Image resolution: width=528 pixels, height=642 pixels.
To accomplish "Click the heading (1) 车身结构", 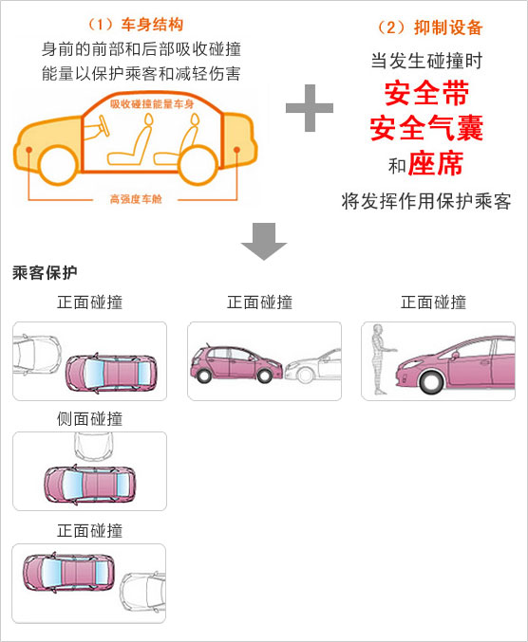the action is pyautogui.click(x=136, y=25).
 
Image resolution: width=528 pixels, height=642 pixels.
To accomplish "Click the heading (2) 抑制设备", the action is pyautogui.click(x=429, y=28).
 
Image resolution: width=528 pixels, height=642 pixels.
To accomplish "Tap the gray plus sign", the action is pyautogui.click(x=310, y=108).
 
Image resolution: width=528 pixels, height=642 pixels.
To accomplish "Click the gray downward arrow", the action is pyautogui.click(x=264, y=241).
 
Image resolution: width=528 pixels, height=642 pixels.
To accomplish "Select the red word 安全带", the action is pyautogui.click(x=426, y=93).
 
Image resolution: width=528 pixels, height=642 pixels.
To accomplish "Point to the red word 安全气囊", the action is pyautogui.click(x=426, y=128).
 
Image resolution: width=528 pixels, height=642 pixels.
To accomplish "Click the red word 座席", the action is pyautogui.click(x=436, y=163).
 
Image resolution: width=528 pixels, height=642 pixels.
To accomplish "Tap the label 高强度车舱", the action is pyautogui.click(x=136, y=199).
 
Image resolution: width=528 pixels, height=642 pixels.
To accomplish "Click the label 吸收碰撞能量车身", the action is pyautogui.click(x=152, y=104).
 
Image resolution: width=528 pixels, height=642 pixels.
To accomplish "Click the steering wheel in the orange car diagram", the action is pyautogui.click(x=103, y=126).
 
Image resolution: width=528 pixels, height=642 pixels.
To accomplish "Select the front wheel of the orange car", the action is pyautogui.click(x=59, y=165).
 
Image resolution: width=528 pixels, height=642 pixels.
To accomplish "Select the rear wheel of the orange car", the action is pyautogui.click(x=198, y=165).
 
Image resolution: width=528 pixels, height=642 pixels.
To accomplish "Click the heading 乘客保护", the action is pyautogui.click(x=45, y=273).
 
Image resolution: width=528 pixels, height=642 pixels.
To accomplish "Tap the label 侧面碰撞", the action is pyautogui.click(x=90, y=419).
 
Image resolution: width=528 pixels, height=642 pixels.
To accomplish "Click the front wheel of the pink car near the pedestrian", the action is pyautogui.click(x=431, y=381).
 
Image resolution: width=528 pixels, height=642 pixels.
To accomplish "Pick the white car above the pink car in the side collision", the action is pyautogui.click(x=94, y=447).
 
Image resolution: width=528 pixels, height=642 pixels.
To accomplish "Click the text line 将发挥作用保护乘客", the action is pyautogui.click(x=426, y=201).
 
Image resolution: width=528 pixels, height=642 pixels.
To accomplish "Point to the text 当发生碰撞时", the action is pyautogui.click(x=426, y=61).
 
